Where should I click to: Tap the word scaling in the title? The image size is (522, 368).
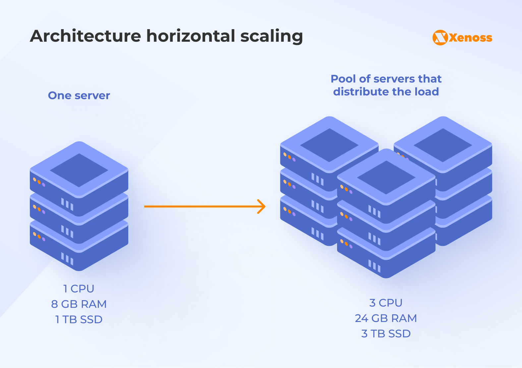coord(271,36)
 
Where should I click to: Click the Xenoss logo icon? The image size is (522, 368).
coord(440,38)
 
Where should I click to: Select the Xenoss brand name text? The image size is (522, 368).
coord(471,38)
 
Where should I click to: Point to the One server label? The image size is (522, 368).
coord(79,96)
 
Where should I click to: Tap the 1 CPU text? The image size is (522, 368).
coord(79,289)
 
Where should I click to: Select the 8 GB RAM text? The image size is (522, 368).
coord(79,304)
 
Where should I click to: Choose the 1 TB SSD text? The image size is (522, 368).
coord(79,320)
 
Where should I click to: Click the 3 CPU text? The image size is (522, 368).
coord(386,303)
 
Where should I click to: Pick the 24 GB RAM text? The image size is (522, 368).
coord(386,318)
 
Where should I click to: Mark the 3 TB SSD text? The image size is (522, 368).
coord(386,334)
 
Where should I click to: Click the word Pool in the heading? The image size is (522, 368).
coord(343,79)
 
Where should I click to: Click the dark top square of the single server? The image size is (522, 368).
coord(79,170)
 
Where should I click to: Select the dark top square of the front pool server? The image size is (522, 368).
coord(386,177)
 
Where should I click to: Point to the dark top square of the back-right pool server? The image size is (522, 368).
coord(443,145)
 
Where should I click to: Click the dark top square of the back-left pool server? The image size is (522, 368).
coord(329,145)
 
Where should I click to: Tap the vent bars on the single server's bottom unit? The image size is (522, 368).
coord(67,258)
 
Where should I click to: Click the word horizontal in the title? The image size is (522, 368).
coord(191,36)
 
